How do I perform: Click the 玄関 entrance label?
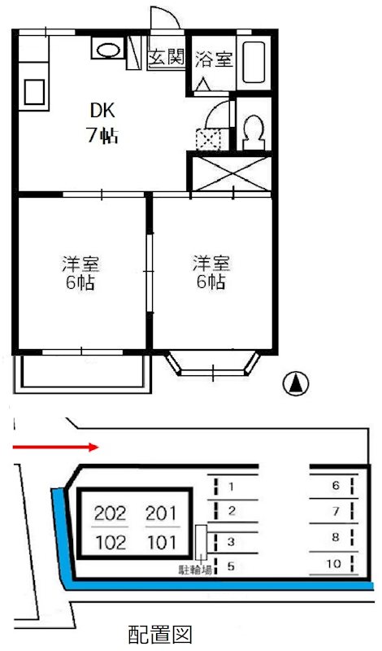[167, 59]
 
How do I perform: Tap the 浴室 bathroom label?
[212, 59]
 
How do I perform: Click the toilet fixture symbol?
[252, 131]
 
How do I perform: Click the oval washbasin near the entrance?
[107, 50]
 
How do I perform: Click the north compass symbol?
[297, 382]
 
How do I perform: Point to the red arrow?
[56, 446]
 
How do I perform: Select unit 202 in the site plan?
[111, 513]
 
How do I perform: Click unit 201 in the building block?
[160, 513]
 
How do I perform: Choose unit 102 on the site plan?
[111, 541]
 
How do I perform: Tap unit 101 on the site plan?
[160, 541]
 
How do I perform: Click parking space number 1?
[232, 487]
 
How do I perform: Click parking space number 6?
[335, 486]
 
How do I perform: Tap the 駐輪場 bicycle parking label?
[195, 570]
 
